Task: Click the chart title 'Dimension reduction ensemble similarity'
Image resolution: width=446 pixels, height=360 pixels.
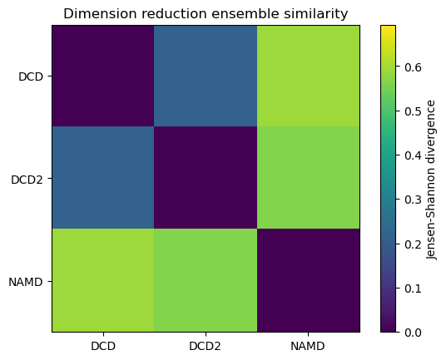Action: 206,13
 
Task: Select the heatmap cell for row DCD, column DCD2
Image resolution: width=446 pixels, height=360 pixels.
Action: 206,76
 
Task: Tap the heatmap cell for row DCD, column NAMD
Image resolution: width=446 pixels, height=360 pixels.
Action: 308,76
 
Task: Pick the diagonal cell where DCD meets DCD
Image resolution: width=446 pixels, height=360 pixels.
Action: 103,76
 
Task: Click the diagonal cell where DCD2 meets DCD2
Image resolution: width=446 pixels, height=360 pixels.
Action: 206,179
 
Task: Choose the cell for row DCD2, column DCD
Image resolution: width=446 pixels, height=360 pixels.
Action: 103,179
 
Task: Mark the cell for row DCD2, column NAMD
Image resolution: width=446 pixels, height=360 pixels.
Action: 308,179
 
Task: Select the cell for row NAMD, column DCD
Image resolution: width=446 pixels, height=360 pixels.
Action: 103,281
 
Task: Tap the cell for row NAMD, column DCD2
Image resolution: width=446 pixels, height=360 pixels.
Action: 206,281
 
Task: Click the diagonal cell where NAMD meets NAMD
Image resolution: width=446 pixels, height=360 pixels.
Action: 308,281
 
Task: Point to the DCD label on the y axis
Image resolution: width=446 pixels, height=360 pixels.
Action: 32,76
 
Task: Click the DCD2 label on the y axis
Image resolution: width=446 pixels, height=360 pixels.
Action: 28,179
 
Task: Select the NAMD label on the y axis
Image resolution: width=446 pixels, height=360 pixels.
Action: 28,281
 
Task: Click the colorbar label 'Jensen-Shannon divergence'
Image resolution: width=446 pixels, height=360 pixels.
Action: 431,179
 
